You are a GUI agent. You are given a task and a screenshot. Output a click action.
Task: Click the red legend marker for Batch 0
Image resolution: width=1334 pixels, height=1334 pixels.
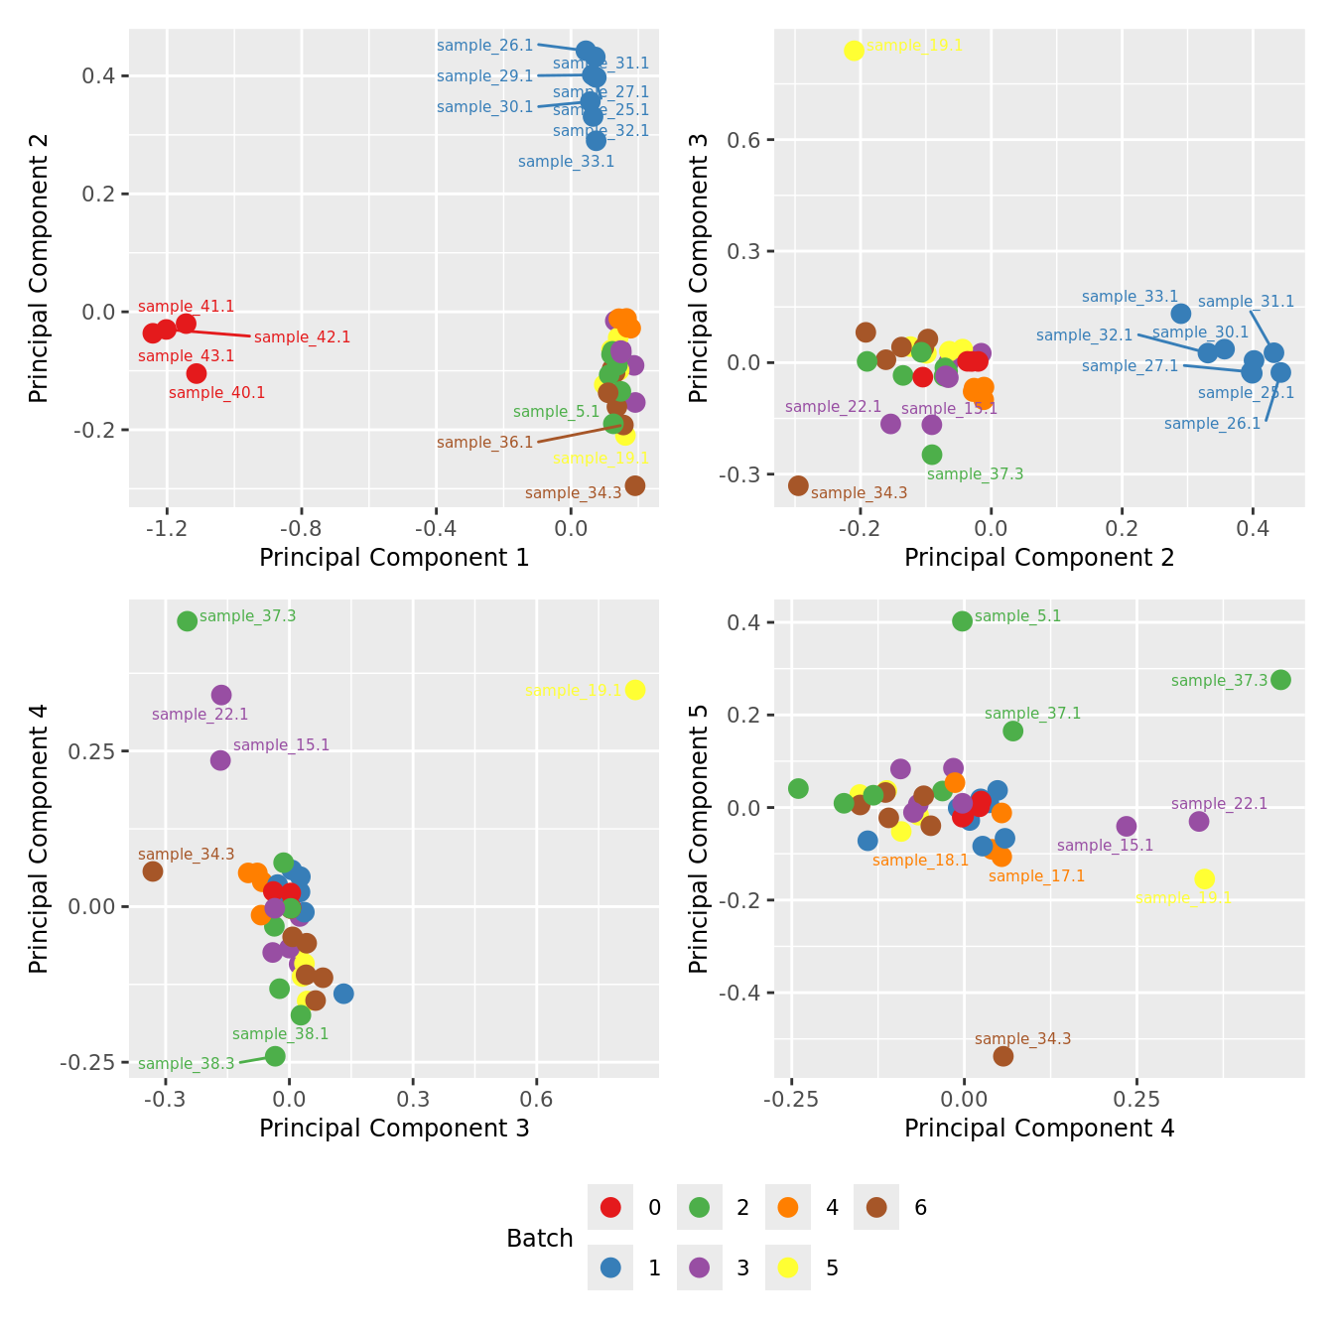click(x=610, y=1207)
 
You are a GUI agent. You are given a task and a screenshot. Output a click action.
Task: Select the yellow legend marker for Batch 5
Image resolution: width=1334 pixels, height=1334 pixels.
click(x=788, y=1267)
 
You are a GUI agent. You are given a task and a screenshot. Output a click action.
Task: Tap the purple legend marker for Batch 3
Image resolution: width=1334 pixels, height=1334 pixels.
click(x=699, y=1267)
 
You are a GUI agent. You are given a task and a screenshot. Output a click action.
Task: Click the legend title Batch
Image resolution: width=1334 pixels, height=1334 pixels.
click(x=540, y=1239)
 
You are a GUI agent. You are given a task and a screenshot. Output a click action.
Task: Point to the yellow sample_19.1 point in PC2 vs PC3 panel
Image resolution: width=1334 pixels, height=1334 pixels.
click(x=854, y=51)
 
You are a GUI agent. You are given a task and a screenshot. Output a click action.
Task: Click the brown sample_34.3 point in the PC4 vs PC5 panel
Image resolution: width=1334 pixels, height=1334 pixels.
click(x=1003, y=1056)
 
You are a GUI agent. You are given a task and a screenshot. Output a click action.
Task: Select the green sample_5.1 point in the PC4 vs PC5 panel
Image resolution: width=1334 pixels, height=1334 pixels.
click(x=962, y=621)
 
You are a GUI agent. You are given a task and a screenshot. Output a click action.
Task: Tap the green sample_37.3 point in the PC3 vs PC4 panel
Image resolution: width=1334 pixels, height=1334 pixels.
click(x=187, y=621)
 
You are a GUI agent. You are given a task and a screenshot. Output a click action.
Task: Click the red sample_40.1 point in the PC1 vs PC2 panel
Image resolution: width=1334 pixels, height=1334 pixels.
click(x=197, y=373)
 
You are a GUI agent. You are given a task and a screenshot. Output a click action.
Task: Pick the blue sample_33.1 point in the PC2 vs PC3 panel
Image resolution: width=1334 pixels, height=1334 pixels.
click(x=1181, y=314)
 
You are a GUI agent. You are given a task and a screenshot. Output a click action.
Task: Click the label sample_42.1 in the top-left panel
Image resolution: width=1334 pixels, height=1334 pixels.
click(x=303, y=337)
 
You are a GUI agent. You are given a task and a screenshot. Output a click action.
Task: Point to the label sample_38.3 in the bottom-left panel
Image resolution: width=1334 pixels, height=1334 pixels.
click(x=187, y=1064)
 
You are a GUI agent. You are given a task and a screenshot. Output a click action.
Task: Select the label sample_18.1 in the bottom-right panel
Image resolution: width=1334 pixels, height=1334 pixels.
click(x=920, y=861)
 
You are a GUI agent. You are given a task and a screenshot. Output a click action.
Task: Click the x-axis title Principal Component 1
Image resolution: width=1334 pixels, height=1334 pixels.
click(x=394, y=558)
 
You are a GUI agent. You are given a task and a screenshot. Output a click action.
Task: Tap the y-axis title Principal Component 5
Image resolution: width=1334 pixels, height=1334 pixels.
click(x=699, y=839)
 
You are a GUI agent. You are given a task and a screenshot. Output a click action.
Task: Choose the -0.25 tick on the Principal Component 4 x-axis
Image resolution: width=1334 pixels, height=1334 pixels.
click(x=791, y=1100)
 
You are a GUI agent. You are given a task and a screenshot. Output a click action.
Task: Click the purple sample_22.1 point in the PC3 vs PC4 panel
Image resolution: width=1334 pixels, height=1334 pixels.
click(x=221, y=695)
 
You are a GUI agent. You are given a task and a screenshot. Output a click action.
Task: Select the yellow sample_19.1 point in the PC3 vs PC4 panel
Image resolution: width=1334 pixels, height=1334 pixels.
click(x=635, y=690)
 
